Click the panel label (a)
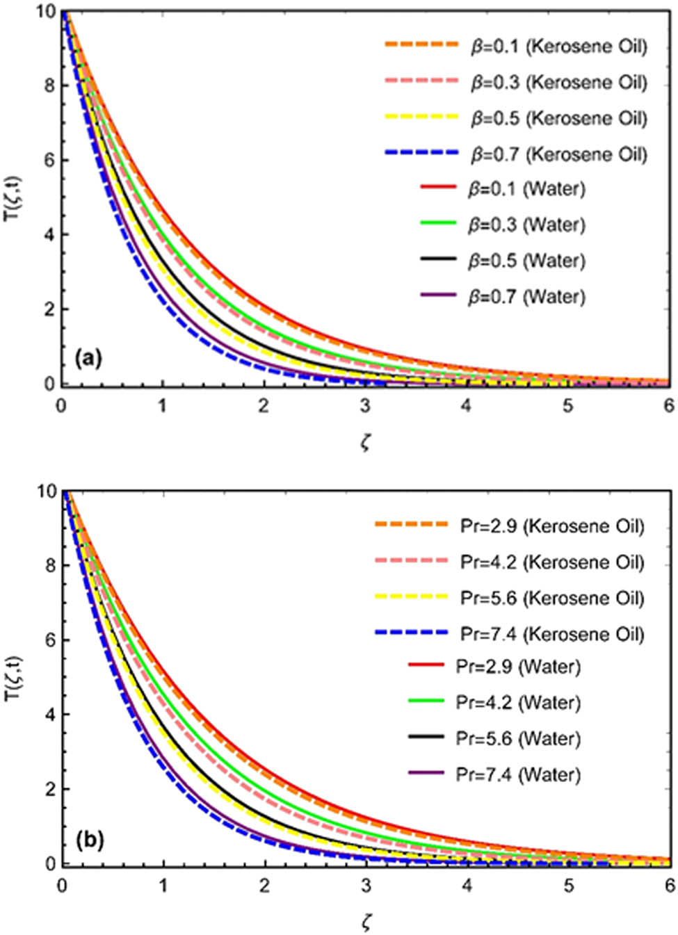point(89,359)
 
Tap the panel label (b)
point(90,840)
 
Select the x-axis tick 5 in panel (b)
point(568,886)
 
